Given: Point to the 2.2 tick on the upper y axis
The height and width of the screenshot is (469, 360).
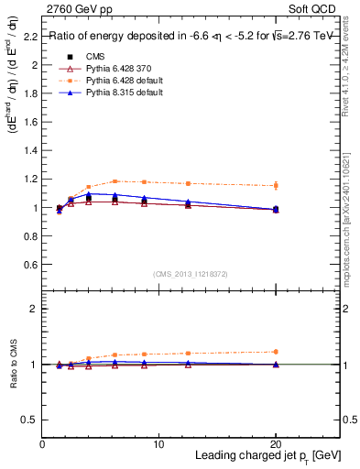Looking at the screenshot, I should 29,37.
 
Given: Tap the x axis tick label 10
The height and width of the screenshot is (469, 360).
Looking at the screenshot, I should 158,444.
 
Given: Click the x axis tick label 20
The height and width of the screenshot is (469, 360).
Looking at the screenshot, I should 276,444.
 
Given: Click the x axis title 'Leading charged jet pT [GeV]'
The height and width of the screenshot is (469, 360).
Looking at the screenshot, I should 266,456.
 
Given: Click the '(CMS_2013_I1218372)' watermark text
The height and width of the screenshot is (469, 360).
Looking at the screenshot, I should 191,274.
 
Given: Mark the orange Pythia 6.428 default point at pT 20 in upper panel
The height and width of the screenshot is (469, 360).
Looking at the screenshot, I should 276,186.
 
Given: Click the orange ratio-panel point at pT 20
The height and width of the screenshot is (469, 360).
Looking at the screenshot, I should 276,352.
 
